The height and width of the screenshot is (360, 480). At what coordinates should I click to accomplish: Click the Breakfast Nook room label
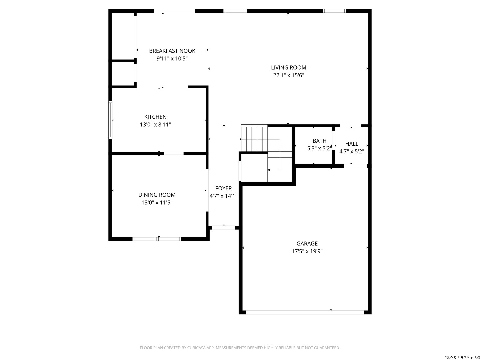click(x=172, y=51)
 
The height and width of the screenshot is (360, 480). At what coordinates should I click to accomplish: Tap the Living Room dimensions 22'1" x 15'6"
click(x=288, y=75)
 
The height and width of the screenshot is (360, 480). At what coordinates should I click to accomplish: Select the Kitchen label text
click(x=155, y=117)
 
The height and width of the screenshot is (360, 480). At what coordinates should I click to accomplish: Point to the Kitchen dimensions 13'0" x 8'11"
click(x=155, y=125)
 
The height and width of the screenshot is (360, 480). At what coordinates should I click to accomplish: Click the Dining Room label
click(x=157, y=195)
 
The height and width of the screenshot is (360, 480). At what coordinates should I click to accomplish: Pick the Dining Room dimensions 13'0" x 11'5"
click(x=157, y=203)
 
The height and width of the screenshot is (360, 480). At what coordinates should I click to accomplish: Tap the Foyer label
click(x=223, y=188)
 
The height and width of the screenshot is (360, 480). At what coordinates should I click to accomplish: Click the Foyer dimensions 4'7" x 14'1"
click(x=223, y=196)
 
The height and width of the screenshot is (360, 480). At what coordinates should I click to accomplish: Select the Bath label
click(x=319, y=141)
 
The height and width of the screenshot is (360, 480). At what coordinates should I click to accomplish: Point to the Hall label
click(x=352, y=144)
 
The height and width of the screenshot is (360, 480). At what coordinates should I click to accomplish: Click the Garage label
click(x=307, y=243)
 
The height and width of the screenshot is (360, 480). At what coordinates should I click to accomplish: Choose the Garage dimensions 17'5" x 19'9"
click(x=307, y=251)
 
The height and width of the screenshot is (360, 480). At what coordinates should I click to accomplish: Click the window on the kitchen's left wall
click(x=110, y=120)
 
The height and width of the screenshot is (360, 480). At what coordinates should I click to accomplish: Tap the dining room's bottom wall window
click(x=157, y=239)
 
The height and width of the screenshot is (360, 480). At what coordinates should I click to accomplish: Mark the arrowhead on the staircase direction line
click(x=269, y=170)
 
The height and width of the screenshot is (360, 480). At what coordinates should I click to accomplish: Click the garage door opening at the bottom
click(x=305, y=312)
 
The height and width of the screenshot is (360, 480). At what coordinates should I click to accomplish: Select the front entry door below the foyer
click(x=223, y=228)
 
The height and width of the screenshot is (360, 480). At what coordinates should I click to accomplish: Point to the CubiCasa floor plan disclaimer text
click(x=240, y=348)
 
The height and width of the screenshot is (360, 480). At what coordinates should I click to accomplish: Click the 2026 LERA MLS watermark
click(x=462, y=357)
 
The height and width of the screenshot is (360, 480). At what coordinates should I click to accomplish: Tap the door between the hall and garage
click(x=355, y=166)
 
